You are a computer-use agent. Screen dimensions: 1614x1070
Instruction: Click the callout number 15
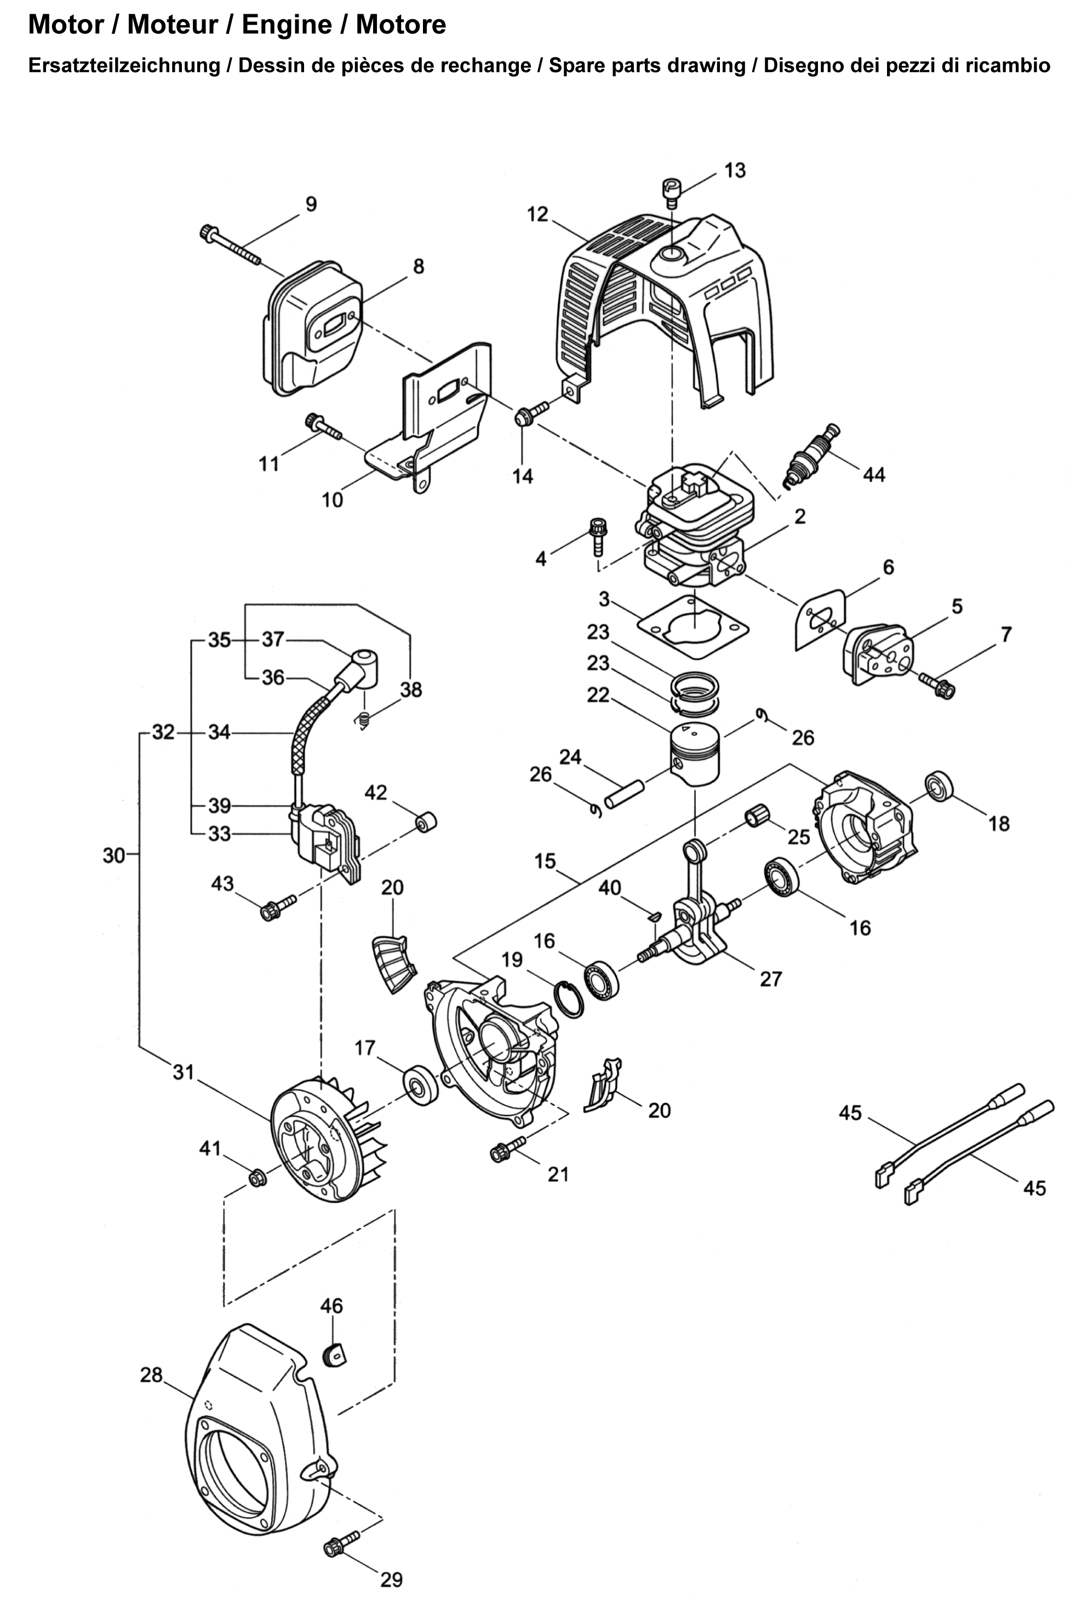coord(545,861)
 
